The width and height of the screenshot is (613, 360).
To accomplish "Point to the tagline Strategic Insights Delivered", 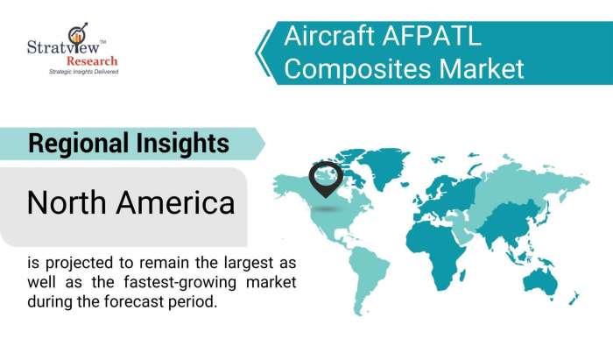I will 82,72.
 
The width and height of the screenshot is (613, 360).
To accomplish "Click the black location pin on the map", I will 325,178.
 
